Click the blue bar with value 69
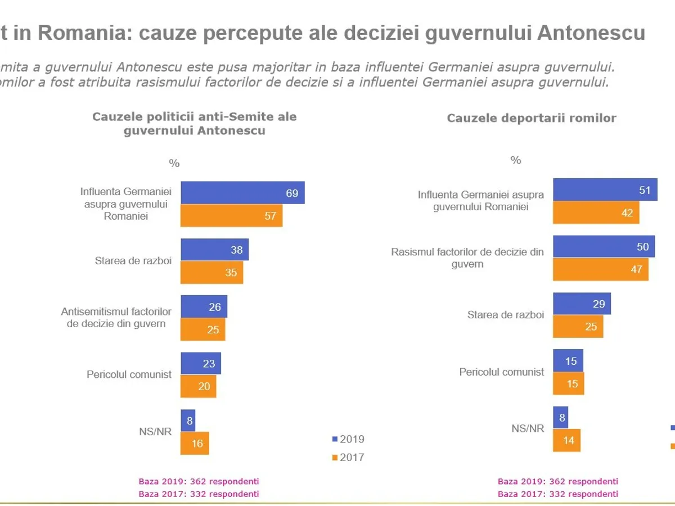(242, 193)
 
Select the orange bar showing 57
(231, 216)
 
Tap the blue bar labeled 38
(214, 250)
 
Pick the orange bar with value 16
(195, 443)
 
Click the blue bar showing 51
(605, 190)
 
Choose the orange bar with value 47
(600, 269)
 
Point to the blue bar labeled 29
(582, 304)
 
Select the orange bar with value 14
(566, 440)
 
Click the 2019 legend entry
(349, 439)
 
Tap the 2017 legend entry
(349, 457)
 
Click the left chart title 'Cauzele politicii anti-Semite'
(194, 124)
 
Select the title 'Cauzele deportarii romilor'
(531, 118)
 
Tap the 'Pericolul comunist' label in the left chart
(129, 374)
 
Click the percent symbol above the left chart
(174, 164)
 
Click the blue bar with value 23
(201, 363)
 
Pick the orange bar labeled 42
(596, 213)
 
